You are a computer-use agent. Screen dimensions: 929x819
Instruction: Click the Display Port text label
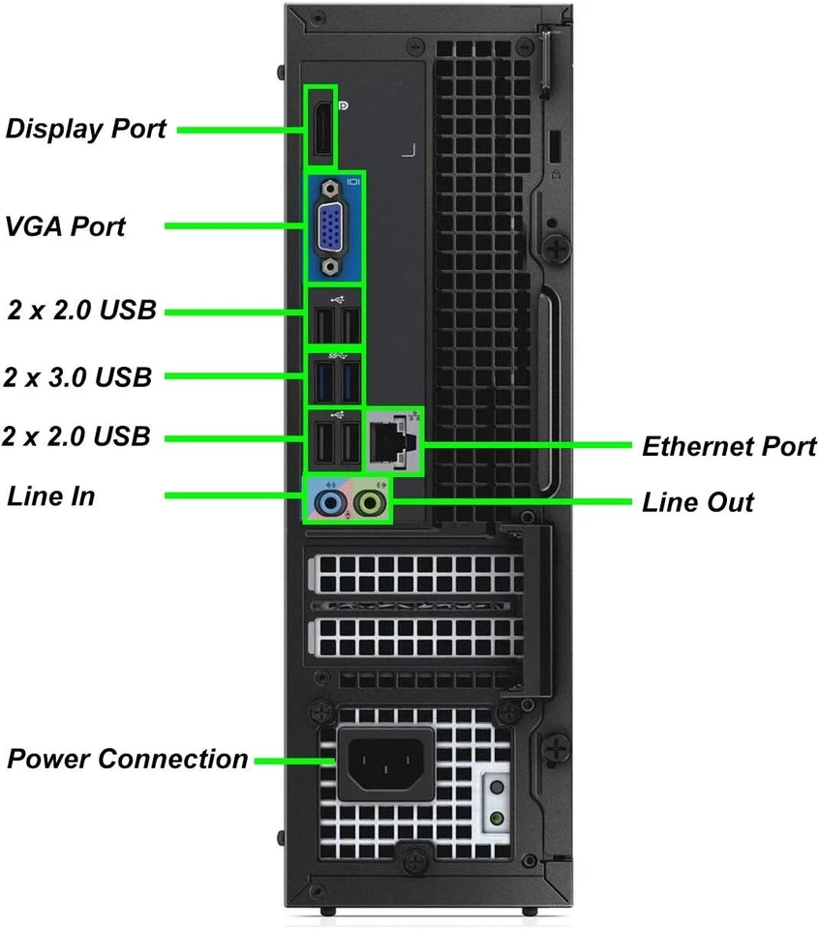click(85, 129)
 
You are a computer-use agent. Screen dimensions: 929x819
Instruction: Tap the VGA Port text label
click(65, 226)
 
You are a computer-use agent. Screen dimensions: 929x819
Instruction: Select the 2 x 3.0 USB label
click(77, 376)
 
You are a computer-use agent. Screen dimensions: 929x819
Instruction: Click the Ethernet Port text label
click(729, 446)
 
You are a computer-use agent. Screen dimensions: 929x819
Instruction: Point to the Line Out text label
click(697, 503)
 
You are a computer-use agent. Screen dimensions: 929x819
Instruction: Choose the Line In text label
click(50, 496)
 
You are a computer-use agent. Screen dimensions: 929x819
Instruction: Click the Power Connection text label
click(128, 759)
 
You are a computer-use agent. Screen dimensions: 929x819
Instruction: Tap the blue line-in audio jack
click(331, 502)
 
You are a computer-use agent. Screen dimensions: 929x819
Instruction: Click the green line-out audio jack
click(370, 502)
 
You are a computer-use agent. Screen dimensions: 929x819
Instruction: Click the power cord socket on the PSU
click(384, 764)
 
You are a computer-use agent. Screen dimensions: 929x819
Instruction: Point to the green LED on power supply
click(497, 818)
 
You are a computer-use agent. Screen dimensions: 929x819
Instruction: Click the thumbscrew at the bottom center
click(413, 858)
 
